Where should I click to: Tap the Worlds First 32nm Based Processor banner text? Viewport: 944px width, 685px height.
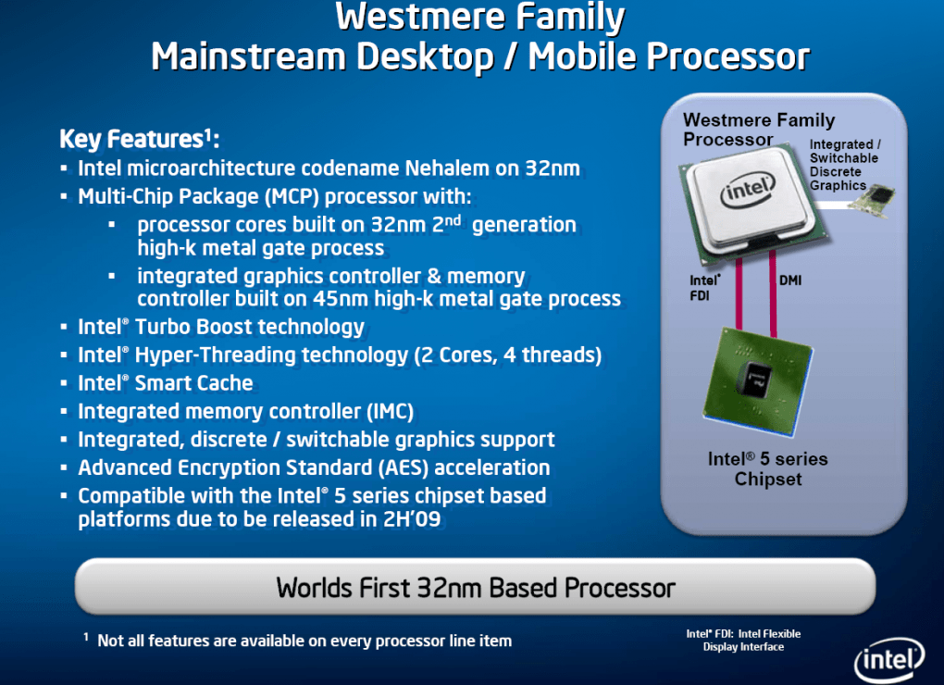point(476,587)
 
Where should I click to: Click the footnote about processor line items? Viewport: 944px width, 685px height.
point(304,641)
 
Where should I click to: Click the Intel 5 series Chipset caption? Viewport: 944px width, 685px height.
point(767,469)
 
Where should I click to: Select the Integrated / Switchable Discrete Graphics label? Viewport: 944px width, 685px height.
point(843,165)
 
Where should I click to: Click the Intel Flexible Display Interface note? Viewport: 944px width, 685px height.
point(743,641)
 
